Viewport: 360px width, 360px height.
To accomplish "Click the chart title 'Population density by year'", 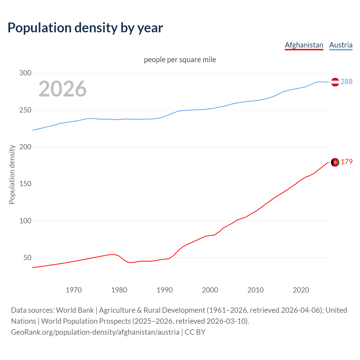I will click(x=85, y=28).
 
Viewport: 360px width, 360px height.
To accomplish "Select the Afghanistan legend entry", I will click(x=304, y=45).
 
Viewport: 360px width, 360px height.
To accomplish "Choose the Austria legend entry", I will click(x=341, y=45).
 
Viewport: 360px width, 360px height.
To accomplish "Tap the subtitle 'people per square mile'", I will click(x=180, y=60).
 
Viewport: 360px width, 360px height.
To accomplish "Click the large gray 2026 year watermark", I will click(x=62, y=89).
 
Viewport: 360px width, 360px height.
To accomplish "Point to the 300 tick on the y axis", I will click(x=25, y=73).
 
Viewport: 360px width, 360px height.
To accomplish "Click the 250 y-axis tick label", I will click(x=25, y=110).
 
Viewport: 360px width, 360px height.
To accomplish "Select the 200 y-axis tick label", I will click(x=25, y=147).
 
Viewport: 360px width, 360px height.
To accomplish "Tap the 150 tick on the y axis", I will click(x=25, y=184).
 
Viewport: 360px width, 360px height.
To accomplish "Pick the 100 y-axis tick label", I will click(x=25, y=221).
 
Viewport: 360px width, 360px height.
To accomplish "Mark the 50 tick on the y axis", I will click(x=27, y=258).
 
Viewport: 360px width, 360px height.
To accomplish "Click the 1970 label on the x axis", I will click(x=74, y=290).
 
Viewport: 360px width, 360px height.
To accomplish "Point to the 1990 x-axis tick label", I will click(x=165, y=290).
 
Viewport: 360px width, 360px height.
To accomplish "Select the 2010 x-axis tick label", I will click(x=255, y=290).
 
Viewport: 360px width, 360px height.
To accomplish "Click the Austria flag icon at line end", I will click(x=335, y=82).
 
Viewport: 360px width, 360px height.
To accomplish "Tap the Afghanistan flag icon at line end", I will click(x=335, y=162).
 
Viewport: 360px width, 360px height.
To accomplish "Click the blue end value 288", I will click(x=346, y=82).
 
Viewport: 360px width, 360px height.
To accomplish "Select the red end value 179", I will click(x=346, y=162).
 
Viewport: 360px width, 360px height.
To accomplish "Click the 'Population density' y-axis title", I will click(x=12, y=174).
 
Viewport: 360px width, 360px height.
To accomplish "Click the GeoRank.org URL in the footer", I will click(x=95, y=332).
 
